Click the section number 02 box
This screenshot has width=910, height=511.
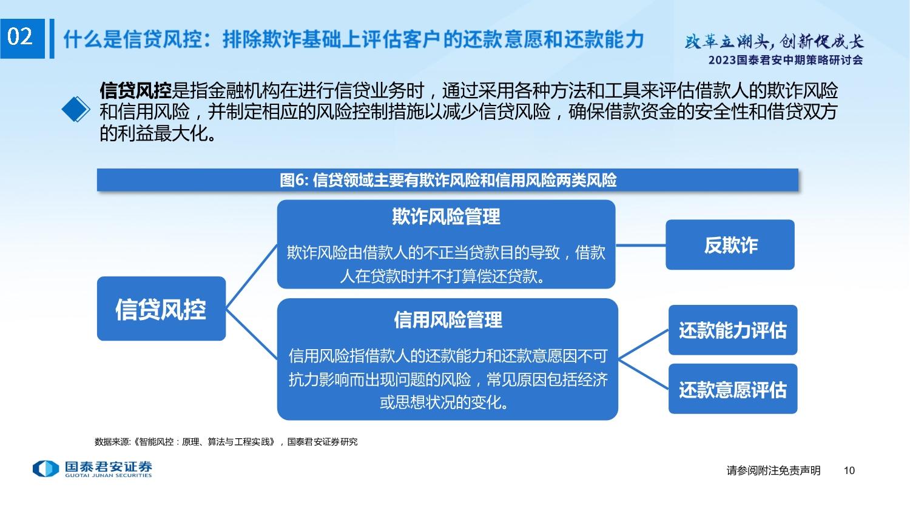(22, 39)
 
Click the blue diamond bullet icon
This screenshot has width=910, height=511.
(76, 109)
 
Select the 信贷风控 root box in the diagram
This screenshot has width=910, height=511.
(161, 309)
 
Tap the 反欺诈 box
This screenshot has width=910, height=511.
(730, 245)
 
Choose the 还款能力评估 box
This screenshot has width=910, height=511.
(733, 330)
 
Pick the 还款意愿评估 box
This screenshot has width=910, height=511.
(733, 389)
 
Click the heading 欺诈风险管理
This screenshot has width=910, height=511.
(446, 216)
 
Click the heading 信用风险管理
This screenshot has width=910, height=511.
(448, 320)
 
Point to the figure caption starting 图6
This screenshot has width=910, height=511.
(448, 180)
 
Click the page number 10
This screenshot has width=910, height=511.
(849, 470)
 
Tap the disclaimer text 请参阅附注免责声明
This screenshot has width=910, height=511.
(773, 470)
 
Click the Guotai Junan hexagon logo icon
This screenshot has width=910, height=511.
(46, 469)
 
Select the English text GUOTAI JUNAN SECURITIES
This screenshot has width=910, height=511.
(109, 475)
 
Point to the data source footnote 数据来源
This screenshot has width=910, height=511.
(226, 442)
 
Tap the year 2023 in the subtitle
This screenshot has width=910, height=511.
(723, 60)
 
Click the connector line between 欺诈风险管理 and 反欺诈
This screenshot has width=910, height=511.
(641, 245)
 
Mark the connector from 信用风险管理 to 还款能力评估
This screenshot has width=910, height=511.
(644, 344)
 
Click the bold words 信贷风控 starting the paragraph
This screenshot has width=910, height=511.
(135, 90)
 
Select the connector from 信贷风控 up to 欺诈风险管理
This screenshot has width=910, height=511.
(252, 276)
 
